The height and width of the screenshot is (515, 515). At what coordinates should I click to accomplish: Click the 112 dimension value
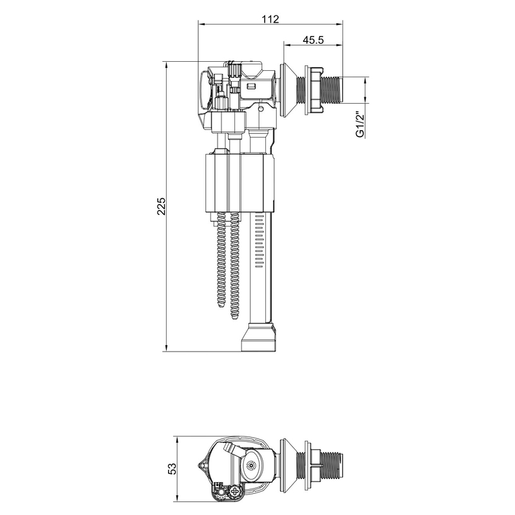[270, 19]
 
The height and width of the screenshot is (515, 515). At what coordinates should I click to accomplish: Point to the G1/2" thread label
[360, 124]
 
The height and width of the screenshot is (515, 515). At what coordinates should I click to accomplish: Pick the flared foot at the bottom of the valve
[260, 339]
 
